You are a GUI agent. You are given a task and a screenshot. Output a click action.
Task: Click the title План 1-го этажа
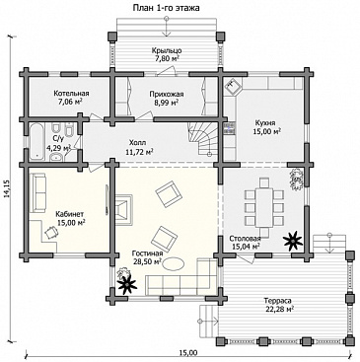[x=166, y=8]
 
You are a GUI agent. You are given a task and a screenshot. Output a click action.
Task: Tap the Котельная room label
[x=71, y=94]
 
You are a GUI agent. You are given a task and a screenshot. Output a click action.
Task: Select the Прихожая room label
[x=167, y=95]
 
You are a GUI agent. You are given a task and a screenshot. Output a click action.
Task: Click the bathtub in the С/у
[x=37, y=142]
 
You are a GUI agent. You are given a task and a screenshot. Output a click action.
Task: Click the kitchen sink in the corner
[x=233, y=87]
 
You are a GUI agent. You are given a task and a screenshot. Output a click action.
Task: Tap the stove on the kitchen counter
[x=229, y=128]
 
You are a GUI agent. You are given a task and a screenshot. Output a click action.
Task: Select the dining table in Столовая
[x=264, y=207]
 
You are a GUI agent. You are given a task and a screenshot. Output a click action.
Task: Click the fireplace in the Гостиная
[x=123, y=208]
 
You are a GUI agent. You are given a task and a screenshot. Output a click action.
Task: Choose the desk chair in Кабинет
[x=50, y=233]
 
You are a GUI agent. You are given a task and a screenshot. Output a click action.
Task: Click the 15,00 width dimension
[x=188, y=353]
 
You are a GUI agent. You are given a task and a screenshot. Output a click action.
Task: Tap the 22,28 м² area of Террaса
[x=278, y=309]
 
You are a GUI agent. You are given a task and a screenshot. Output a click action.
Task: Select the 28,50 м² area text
[x=147, y=261]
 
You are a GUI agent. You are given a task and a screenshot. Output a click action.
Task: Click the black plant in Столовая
[x=293, y=241]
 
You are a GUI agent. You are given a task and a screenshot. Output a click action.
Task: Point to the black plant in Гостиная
[x=127, y=284]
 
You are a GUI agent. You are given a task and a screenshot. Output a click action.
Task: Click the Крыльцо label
[x=167, y=50]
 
